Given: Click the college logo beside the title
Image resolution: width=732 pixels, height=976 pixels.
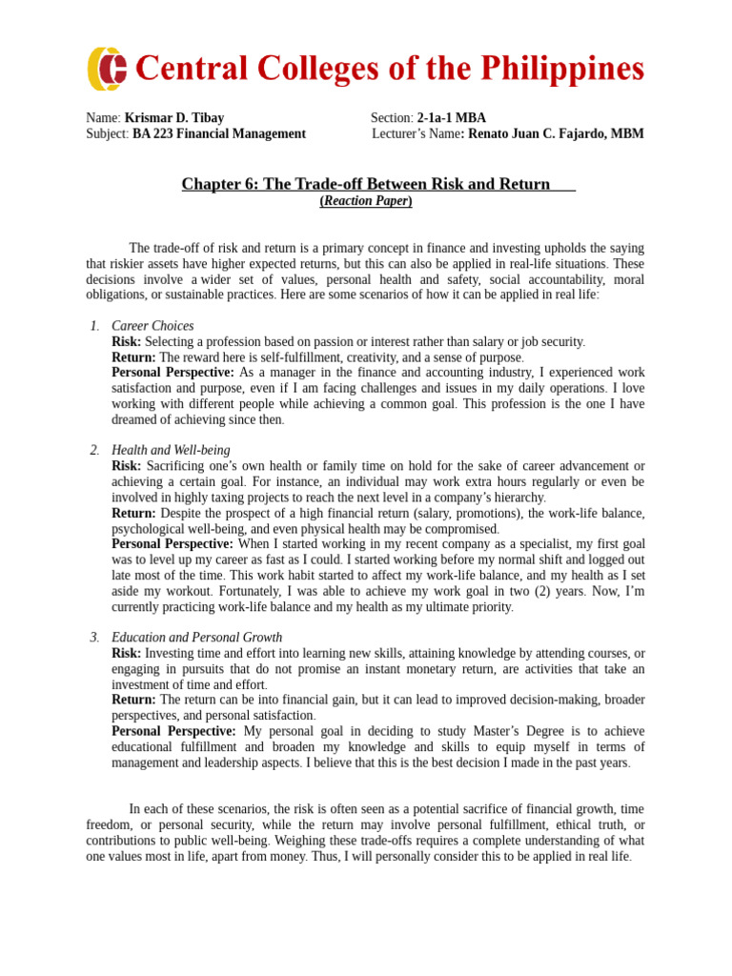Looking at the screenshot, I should [107, 69].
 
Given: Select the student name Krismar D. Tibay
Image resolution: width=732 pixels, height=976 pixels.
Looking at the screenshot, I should [174, 118].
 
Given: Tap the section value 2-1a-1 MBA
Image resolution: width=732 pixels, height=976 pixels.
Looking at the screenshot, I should [451, 118].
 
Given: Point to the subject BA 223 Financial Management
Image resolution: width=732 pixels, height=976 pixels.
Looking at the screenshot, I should [219, 134].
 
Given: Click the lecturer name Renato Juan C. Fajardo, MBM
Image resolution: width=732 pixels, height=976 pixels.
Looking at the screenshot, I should [556, 134].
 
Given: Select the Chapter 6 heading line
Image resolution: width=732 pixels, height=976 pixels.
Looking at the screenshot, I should [366, 184].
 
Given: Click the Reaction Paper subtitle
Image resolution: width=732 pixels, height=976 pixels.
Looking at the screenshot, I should [366, 200].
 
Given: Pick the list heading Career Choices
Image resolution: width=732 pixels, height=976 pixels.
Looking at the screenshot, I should [152, 326].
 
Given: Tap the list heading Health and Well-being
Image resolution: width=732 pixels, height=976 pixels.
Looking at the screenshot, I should [171, 450].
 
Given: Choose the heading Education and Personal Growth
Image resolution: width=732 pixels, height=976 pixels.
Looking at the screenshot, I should [196, 637].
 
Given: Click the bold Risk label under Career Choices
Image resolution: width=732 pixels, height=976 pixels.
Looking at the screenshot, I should [126, 341].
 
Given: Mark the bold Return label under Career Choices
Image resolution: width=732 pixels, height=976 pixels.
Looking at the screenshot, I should [133, 356].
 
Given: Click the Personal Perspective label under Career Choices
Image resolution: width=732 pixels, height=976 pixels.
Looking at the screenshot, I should [173, 373].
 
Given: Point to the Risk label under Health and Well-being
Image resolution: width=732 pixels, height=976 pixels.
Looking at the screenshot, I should [126, 466].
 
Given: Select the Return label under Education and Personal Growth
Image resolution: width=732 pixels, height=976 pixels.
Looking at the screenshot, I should [133, 700].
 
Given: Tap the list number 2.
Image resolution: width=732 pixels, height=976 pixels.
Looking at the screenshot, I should [94, 450].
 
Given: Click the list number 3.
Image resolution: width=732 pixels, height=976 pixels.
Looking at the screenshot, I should [94, 637].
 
